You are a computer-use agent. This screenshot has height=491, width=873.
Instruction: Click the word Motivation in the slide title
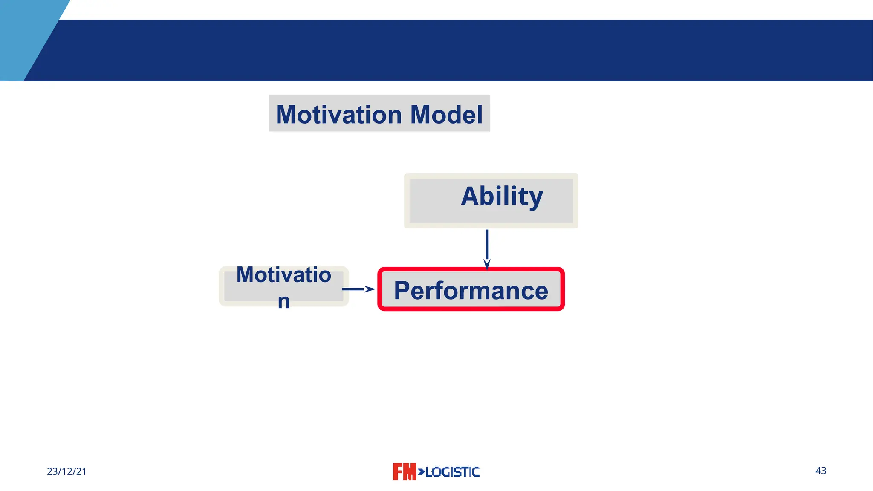click(338, 115)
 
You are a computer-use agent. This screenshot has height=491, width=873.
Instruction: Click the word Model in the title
click(446, 115)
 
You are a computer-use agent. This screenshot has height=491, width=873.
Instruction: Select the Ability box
click(491, 201)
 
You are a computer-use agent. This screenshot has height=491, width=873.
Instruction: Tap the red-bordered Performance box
click(471, 289)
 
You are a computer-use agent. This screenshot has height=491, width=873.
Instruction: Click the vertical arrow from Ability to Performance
click(487, 245)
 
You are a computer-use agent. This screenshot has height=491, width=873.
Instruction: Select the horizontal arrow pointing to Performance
click(354, 289)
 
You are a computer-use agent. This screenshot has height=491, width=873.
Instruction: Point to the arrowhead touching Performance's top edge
click(487, 264)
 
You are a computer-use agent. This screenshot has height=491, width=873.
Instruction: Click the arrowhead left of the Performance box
click(370, 289)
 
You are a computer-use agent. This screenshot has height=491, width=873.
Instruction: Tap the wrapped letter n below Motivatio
click(283, 302)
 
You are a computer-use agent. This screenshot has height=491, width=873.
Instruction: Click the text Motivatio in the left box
click(283, 275)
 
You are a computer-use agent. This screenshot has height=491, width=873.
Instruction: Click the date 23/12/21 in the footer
click(66, 471)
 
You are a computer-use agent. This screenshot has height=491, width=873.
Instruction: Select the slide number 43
click(821, 471)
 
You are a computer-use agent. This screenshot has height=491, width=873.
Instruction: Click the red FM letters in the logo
click(404, 472)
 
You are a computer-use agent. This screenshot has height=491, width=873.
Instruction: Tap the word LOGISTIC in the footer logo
click(453, 472)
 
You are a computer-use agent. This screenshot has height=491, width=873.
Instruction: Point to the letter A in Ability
click(471, 196)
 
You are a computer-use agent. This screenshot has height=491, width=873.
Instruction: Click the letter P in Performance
click(402, 291)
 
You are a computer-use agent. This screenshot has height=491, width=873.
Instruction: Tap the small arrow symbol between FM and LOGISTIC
click(421, 471)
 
